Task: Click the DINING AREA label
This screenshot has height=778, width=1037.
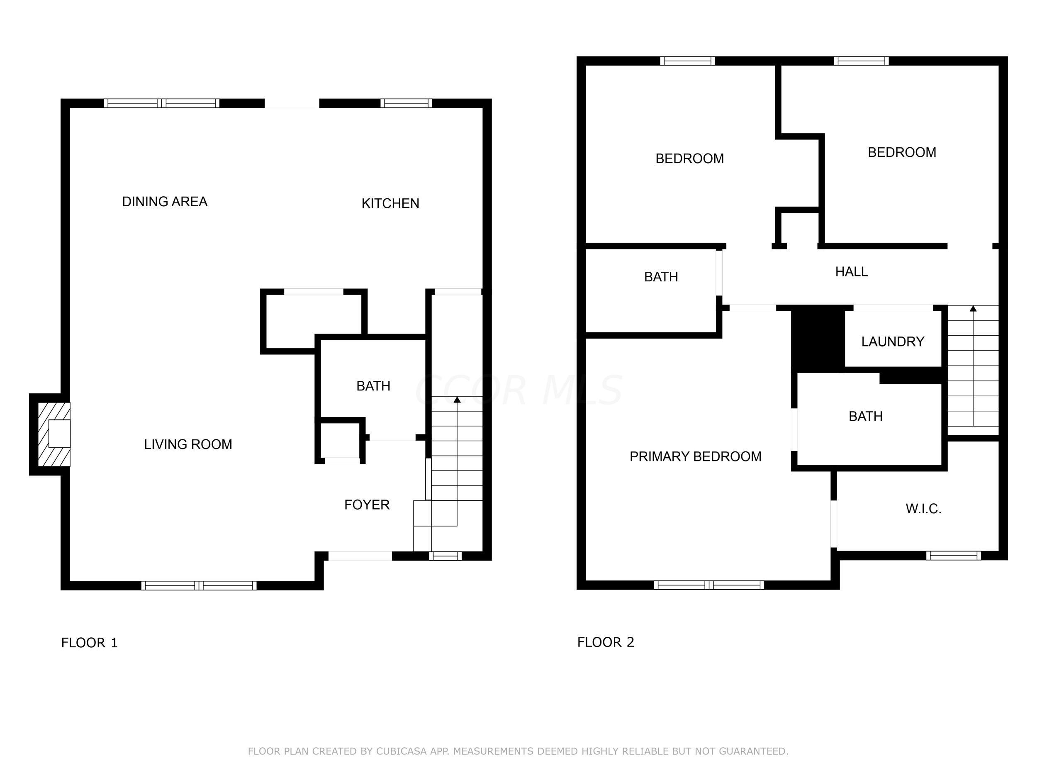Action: click(165, 202)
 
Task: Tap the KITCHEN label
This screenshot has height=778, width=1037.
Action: click(390, 204)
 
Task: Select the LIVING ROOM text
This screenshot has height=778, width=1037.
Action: click(188, 444)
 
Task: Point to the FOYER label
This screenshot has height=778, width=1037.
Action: click(367, 505)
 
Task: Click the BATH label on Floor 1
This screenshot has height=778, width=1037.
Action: click(373, 386)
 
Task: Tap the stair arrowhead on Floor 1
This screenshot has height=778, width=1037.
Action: click(457, 400)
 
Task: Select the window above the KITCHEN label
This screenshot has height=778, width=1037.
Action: click(406, 103)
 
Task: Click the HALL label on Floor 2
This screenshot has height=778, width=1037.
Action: click(851, 271)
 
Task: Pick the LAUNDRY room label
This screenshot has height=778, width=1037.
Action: click(893, 341)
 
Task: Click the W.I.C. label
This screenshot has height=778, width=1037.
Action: click(923, 509)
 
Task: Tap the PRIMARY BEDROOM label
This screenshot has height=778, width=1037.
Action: click(695, 456)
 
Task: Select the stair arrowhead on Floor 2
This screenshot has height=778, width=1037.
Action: click(973, 309)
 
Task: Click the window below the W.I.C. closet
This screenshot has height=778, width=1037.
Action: click(954, 556)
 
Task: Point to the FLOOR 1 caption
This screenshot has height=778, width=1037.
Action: click(89, 642)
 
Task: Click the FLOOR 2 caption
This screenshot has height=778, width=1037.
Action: click(605, 642)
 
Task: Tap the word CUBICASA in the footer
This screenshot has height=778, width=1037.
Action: click(401, 751)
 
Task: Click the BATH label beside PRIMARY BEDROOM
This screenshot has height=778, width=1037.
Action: click(865, 417)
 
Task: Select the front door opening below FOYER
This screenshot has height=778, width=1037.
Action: click(360, 556)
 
